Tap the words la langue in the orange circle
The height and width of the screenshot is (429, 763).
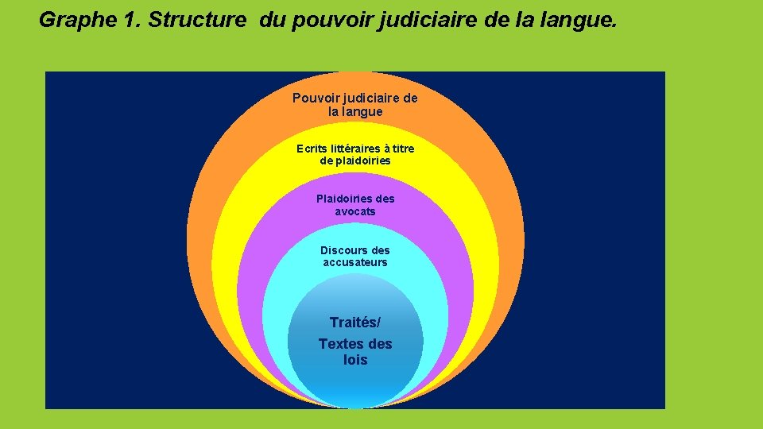pyautogui.click(x=355, y=112)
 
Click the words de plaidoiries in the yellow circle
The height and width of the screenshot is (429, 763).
pyautogui.click(x=355, y=160)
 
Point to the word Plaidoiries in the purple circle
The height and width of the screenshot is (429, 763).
pyautogui.click(x=343, y=199)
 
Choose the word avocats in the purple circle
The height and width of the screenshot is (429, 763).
pyautogui.click(x=355, y=211)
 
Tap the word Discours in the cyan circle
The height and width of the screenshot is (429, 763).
pyautogui.click(x=344, y=250)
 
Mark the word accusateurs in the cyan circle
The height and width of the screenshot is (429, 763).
pyautogui.click(x=355, y=262)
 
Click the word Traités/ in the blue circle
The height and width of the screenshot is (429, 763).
pyautogui.click(x=355, y=323)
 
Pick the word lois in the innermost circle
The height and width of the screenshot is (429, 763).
pyautogui.click(x=355, y=360)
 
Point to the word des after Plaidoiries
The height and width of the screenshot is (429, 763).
pyautogui.click(x=383, y=199)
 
